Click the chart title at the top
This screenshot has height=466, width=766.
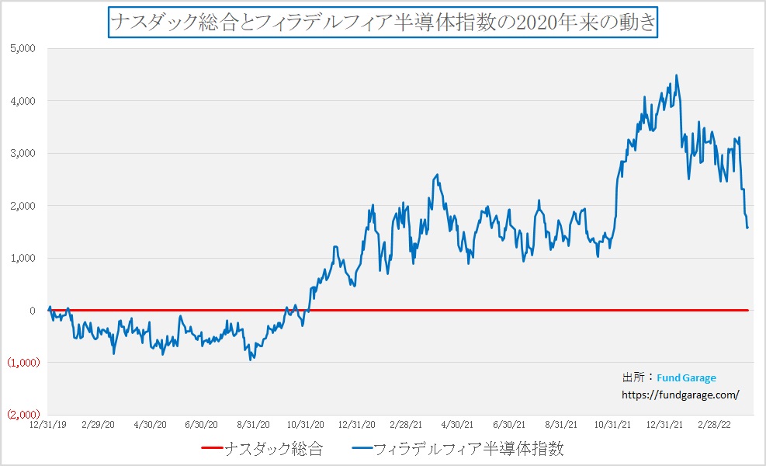click(383, 22)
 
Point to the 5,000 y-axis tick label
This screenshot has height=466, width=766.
click(23, 48)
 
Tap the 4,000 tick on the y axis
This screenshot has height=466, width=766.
click(23, 101)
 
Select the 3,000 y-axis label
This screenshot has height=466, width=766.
click(23, 153)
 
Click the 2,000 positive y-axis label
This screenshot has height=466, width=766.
click(23, 206)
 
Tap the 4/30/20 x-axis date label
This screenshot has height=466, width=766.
click(151, 425)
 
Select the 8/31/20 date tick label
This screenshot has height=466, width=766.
click(253, 425)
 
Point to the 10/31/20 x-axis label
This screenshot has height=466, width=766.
click(305, 425)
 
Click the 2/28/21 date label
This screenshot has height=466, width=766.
click(407, 425)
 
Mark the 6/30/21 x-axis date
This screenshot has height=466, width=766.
click(510, 425)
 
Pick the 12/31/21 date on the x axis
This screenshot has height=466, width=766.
click(664, 425)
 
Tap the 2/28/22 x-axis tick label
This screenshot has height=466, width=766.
click(715, 425)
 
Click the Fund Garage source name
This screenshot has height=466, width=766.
click(686, 378)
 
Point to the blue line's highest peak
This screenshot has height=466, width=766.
click(677, 75)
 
